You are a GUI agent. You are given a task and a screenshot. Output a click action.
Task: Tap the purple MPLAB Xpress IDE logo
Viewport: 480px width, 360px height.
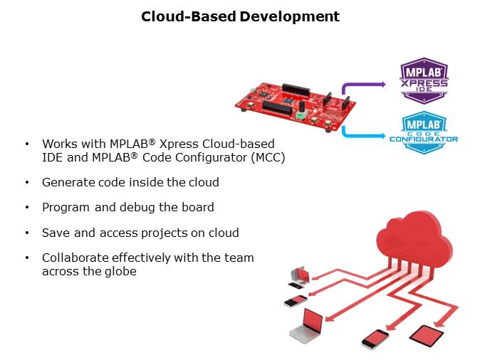click(x=424, y=80)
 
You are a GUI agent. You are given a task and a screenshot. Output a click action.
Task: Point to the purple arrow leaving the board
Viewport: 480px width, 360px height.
click(x=363, y=86)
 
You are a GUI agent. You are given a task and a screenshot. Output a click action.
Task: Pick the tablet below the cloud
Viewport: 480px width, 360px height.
click(x=428, y=334)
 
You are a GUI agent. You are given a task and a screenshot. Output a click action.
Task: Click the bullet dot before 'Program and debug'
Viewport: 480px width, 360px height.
click(x=27, y=208)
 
